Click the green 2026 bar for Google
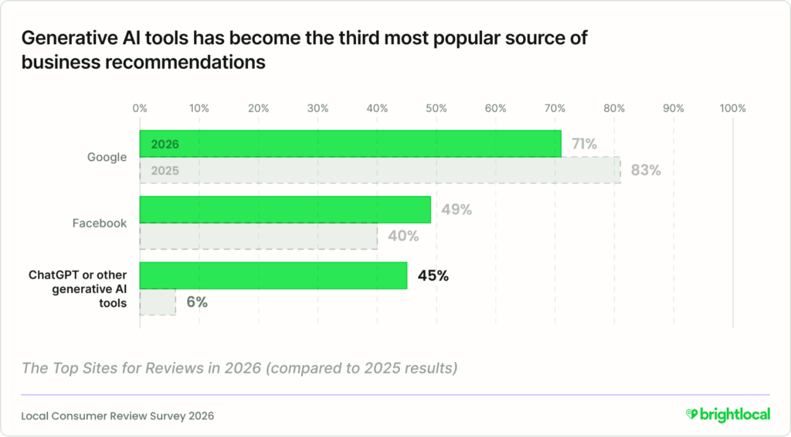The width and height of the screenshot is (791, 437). [x=350, y=144]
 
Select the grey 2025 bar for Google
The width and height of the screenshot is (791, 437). [x=379, y=170]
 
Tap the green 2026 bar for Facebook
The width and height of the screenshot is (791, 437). [x=284, y=210]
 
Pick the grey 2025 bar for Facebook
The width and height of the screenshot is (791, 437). [x=258, y=236]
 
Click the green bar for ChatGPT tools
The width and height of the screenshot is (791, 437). [x=273, y=275]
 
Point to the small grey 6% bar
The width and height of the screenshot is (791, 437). [x=158, y=302]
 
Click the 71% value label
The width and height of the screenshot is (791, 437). [x=584, y=144]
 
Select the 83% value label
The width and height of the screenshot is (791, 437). [x=646, y=170]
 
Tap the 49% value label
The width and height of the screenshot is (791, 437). [x=456, y=210]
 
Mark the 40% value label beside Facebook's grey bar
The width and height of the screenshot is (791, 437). [x=402, y=236]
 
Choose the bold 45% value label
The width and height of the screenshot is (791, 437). [x=433, y=275]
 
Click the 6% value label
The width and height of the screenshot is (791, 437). [x=196, y=302]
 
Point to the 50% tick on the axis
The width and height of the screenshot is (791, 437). [x=436, y=108]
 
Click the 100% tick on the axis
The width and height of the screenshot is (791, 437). [x=732, y=108]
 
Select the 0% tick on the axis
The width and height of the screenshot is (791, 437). [x=140, y=108]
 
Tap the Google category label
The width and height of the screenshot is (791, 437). [x=107, y=157]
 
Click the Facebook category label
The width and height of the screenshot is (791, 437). [x=100, y=223]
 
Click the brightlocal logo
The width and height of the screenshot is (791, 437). [x=728, y=415]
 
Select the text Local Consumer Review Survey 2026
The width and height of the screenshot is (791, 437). [x=117, y=415]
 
